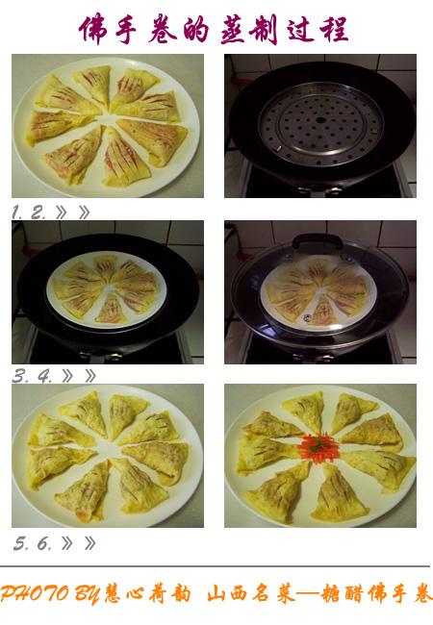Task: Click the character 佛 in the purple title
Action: [95, 29]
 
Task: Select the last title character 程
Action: [332, 29]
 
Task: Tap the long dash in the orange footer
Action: [309, 595]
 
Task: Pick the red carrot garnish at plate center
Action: [318, 448]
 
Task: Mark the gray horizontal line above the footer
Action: [216, 566]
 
